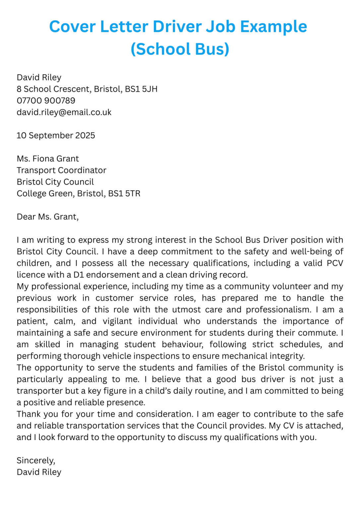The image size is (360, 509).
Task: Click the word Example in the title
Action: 273,27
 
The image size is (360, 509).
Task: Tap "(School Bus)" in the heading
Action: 180,49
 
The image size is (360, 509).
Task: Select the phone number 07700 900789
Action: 46,100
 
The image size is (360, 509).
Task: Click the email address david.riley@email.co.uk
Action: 64,112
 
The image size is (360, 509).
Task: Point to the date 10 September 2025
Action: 56,135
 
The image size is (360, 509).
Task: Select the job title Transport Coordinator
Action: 61,170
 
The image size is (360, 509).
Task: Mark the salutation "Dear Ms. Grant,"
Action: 47,216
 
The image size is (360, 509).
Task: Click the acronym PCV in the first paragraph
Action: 335,263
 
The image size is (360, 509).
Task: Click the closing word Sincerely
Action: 36,460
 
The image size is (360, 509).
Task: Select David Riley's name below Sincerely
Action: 39,472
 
